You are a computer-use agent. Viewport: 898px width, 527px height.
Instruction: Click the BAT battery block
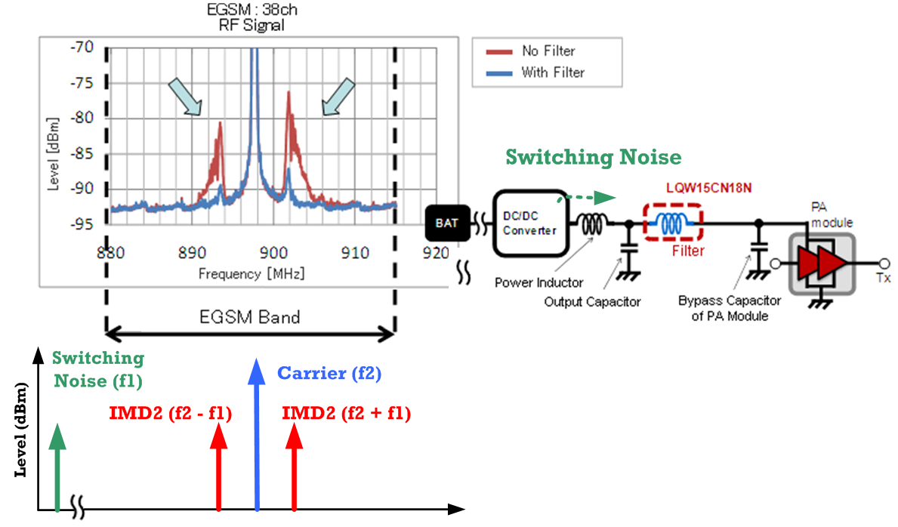pos(447,223)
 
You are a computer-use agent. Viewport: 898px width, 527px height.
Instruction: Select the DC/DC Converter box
pos(530,223)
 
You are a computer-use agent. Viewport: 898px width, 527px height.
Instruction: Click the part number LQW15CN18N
pos(708,188)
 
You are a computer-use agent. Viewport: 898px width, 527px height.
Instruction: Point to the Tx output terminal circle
pos(884,263)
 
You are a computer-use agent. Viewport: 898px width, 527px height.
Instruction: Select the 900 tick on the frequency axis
pos(273,253)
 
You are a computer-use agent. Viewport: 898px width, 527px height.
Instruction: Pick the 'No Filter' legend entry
pos(530,51)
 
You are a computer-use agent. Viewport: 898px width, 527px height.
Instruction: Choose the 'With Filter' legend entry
pos(535,72)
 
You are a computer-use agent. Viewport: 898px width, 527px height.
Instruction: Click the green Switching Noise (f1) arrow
pos(57,467)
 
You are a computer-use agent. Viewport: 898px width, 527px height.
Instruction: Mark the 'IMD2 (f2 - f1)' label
pos(170,413)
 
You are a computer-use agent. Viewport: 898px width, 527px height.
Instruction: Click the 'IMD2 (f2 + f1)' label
pos(347,413)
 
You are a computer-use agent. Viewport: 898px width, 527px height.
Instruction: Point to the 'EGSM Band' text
pos(250,317)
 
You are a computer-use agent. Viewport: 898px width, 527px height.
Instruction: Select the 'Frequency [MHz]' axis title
pos(252,274)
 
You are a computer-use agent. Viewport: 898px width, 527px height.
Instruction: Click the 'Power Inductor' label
pos(539,282)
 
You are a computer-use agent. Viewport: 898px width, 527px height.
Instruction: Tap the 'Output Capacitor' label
pos(592,302)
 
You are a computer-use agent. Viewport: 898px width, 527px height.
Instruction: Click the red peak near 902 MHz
pos(289,94)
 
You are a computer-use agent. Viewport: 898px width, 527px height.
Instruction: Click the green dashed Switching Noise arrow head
pos(605,199)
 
